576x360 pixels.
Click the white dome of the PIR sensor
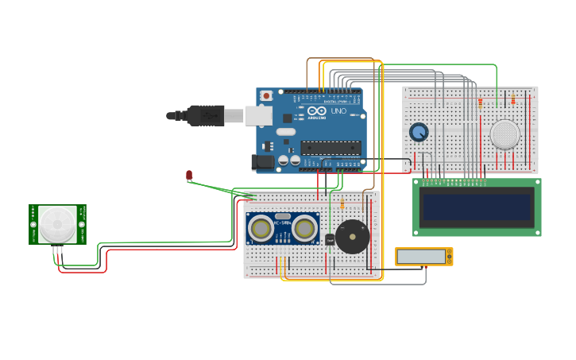pos(58,225)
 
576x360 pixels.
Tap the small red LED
pos(189,175)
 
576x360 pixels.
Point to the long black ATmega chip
pos(331,147)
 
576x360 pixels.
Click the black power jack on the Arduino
pos(262,162)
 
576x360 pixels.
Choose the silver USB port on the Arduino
pos(257,116)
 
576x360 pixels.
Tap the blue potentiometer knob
pos(419,132)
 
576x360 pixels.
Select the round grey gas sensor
pos(504,134)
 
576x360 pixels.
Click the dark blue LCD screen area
pos(477,207)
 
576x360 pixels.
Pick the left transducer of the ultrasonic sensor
pos(261,229)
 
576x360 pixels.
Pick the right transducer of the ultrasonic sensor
pos(304,229)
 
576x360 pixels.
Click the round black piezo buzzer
pos(352,237)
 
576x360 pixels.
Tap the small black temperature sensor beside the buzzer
pos(330,239)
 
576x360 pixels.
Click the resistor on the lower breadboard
pos(342,205)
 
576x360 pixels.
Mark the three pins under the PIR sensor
pos(58,250)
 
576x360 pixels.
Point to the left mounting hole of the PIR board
pos(33,225)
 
